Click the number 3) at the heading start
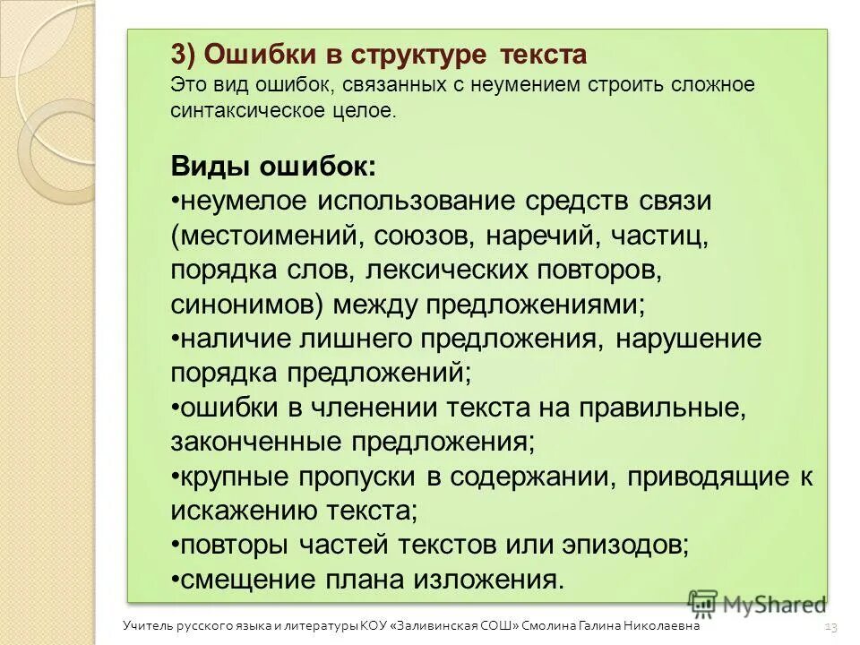183,56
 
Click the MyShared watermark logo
757,605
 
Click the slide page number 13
830,627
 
